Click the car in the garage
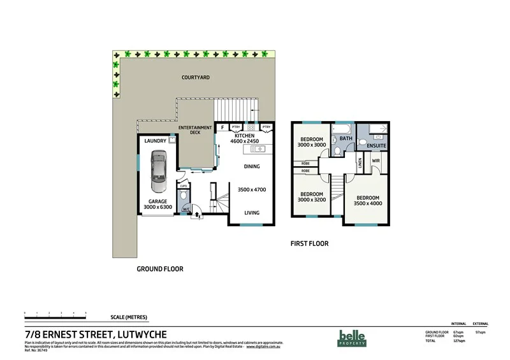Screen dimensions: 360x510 point(158,171)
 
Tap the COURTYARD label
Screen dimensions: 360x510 point(196,78)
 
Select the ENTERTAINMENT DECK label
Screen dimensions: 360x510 point(195,131)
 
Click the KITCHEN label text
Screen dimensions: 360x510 point(245,136)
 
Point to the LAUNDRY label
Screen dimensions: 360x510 point(155,141)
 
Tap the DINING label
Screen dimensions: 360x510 point(252,167)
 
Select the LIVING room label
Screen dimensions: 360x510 point(252,213)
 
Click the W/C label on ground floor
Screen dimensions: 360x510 point(186,209)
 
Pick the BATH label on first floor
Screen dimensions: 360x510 point(346,138)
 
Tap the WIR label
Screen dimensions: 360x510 point(376,161)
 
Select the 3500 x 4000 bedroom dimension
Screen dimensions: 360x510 point(368,204)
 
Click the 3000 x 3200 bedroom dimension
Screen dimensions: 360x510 point(311,199)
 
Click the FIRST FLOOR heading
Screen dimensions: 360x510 point(309,243)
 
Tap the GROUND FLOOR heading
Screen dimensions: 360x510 point(160,269)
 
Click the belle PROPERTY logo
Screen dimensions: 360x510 point(352,338)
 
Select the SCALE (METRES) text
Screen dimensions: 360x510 point(126,317)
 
